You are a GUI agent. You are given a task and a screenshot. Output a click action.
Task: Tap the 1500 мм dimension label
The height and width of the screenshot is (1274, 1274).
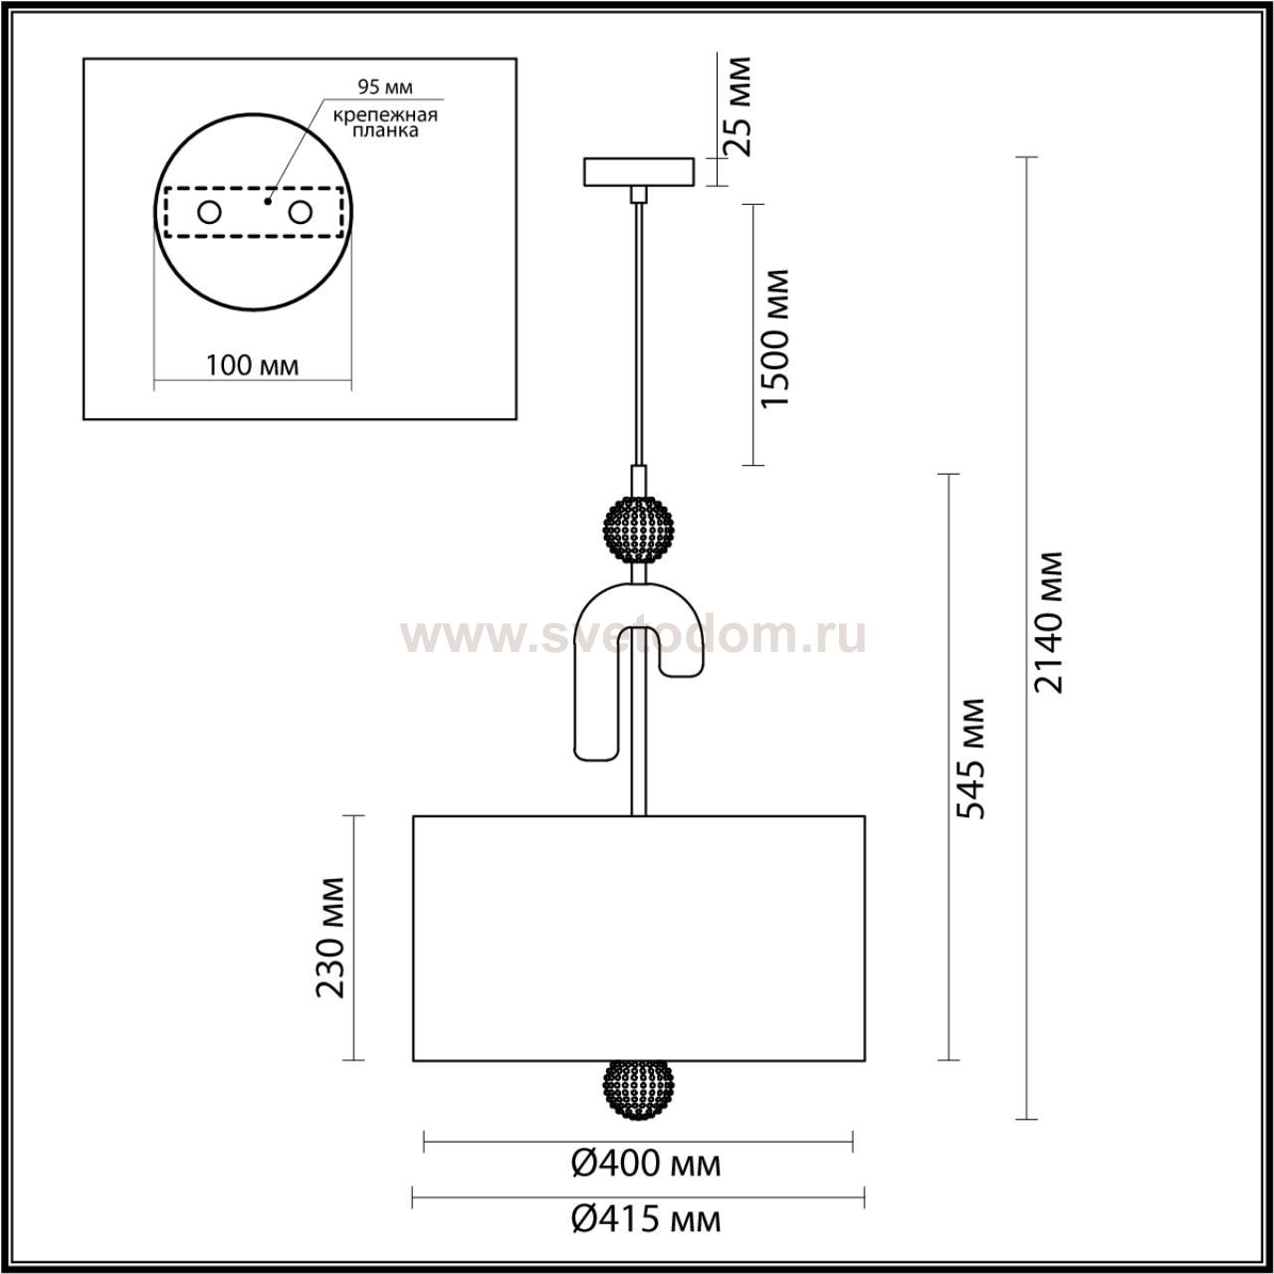(774, 337)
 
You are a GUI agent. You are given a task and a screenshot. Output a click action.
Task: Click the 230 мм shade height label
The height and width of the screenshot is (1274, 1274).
(330, 937)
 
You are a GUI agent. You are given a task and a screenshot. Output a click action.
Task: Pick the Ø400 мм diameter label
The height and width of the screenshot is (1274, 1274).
(645, 1163)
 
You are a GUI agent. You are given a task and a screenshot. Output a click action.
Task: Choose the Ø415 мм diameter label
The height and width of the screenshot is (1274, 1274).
(645, 1217)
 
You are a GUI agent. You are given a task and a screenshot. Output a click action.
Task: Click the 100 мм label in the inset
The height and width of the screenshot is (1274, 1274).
(252, 365)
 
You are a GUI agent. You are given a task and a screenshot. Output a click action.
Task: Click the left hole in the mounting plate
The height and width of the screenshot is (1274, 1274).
(209, 212)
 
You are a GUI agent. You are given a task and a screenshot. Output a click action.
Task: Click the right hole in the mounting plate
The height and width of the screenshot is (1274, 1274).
(300, 212)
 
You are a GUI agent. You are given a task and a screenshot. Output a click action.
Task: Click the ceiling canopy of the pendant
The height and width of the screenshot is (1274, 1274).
(638, 171)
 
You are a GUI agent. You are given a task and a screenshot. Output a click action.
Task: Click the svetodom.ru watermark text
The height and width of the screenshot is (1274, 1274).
(633, 634)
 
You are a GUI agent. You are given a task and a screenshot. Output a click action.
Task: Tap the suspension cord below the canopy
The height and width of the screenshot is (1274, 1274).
(638, 328)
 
